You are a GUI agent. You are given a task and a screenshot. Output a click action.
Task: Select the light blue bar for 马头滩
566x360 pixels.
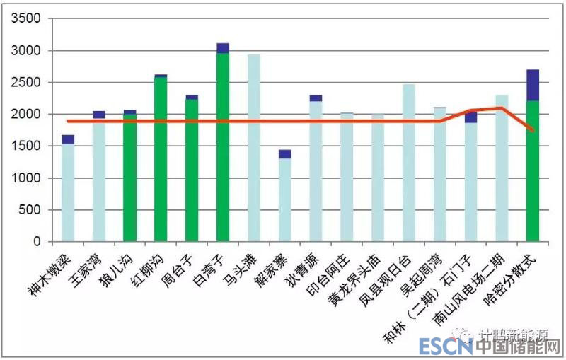click(x=254, y=148)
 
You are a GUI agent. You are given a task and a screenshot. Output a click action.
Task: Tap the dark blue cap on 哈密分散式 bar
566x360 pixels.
click(x=533, y=85)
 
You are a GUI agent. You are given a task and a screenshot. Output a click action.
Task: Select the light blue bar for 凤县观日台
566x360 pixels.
click(x=409, y=163)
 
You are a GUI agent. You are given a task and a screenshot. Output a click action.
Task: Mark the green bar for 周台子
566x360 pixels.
click(x=192, y=170)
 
